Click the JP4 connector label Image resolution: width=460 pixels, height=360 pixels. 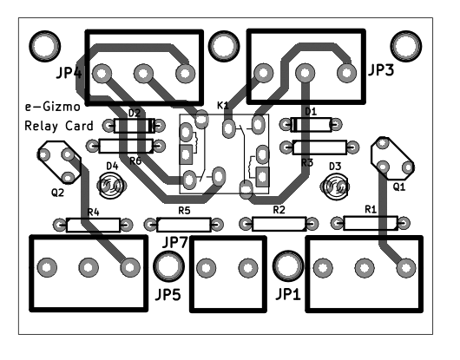pos(69,72)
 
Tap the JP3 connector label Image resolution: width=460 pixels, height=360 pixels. pos(381,70)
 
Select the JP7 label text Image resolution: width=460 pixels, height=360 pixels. pos(174,242)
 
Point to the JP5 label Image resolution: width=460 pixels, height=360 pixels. pos(168,294)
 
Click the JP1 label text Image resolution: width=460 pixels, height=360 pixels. pos(288,294)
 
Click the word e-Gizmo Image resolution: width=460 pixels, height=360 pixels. pos(52,107)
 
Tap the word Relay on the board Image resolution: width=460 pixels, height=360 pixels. pos(42,126)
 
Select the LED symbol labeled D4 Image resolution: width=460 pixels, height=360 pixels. pos(110,186)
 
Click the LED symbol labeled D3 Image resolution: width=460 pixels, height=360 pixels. pos(335,187)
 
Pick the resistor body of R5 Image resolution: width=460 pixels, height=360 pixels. pos(184,225)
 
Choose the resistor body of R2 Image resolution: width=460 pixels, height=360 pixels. pos(279,224)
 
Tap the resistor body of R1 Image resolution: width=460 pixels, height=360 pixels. pos(371,223)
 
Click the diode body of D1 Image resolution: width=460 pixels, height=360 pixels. pos(311,125)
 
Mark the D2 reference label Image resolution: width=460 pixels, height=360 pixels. pos(135,113)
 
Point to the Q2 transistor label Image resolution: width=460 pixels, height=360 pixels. pos(57,193)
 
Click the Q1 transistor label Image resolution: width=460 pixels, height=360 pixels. pos(399,187)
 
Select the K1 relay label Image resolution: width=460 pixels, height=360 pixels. pos(223,105)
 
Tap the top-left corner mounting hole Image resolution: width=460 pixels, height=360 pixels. pos(45,46)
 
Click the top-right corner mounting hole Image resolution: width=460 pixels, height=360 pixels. pos(406,46)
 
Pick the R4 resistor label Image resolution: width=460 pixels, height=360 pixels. pos(93,212)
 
